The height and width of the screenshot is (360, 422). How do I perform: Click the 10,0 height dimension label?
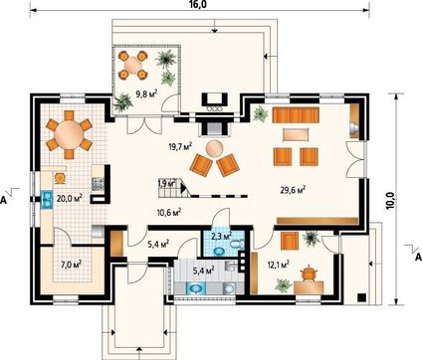click(391, 200)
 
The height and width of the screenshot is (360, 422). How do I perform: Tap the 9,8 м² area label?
click(146, 94)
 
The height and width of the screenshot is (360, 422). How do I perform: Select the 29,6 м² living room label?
click(293, 190)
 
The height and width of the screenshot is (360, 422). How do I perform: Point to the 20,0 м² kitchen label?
click(70, 198)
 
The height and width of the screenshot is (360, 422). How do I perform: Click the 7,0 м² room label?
click(72, 265)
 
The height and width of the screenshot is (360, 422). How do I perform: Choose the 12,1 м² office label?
click(278, 265)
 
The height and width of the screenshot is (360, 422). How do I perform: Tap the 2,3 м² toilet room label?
click(221, 237)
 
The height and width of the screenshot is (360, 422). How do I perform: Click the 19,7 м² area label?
click(181, 146)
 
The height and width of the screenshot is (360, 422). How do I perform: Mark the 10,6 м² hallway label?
click(169, 212)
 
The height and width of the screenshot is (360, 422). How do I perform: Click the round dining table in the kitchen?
click(70, 135)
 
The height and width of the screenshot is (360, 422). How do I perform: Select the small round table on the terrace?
click(132, 66)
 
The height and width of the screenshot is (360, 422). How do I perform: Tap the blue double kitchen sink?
click(47, 200)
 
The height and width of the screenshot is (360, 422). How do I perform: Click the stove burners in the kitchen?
click(99, 184)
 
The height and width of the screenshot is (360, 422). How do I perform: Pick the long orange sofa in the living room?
click(296, 115)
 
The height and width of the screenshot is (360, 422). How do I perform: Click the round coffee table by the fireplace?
click(214, 149)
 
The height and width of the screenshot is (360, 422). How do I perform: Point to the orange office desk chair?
click(310, 273)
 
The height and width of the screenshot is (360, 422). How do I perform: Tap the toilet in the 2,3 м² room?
click(237, 245)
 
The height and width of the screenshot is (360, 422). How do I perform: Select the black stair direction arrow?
click(183, 188)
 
